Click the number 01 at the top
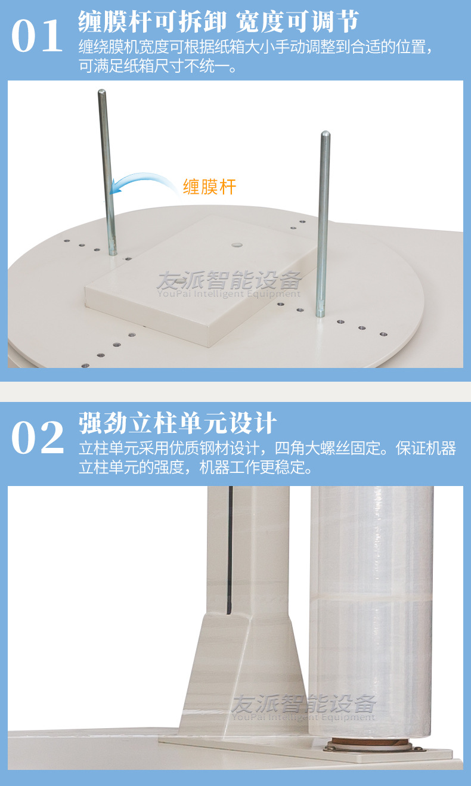point(37,37)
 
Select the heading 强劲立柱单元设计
point(178,423)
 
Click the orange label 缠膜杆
point(209,187)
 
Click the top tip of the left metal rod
point(102,92)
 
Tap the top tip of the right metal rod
point(325,134)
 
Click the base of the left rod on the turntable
point(112,252)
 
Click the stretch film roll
point(371,608)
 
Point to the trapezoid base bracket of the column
point(250,668)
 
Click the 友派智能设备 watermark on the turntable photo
point(229,284)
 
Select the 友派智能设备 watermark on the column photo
point(304,707)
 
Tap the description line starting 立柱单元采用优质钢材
point(267,448)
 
